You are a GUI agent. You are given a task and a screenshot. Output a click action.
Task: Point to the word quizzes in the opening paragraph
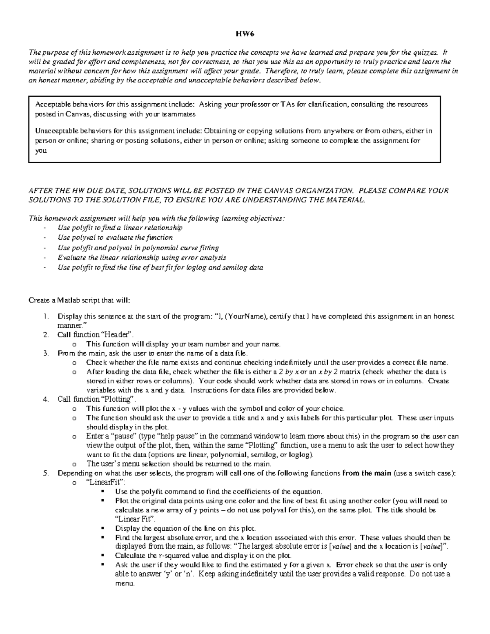(425, 52)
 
